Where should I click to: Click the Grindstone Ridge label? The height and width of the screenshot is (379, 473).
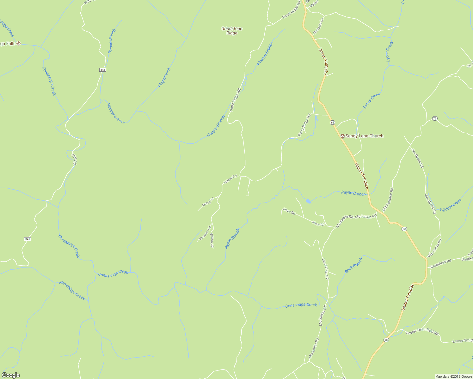click(232, 31)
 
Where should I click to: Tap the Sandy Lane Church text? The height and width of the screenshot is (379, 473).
click(364, 136)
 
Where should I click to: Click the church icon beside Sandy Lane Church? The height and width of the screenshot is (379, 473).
click(342, 136)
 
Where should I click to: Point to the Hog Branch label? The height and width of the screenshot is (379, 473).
click(164, 77)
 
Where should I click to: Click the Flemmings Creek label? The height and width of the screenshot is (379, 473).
click(72, 290)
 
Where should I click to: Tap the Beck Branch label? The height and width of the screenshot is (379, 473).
click(353, 265)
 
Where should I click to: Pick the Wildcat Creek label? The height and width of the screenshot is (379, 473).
click(451, 205)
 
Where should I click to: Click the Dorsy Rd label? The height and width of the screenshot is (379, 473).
click(208, 202)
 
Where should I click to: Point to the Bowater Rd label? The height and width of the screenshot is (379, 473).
click(205, 233)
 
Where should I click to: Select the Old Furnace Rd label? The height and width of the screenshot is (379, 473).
click(388, 199)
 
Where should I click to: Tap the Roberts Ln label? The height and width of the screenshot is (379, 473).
click(319, 26)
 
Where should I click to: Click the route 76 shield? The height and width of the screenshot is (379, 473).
click(435, 118)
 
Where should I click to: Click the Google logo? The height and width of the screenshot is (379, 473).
click(10, 375)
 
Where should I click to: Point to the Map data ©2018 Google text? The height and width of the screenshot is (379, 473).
click(453, 376)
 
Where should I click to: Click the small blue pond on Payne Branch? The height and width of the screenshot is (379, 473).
click(308, 201)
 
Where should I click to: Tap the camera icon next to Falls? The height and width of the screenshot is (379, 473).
click(18, 43)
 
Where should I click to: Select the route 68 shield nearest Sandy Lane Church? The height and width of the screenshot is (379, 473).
click(332, 122)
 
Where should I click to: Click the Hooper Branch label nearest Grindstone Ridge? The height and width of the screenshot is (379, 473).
click(265, 53)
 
